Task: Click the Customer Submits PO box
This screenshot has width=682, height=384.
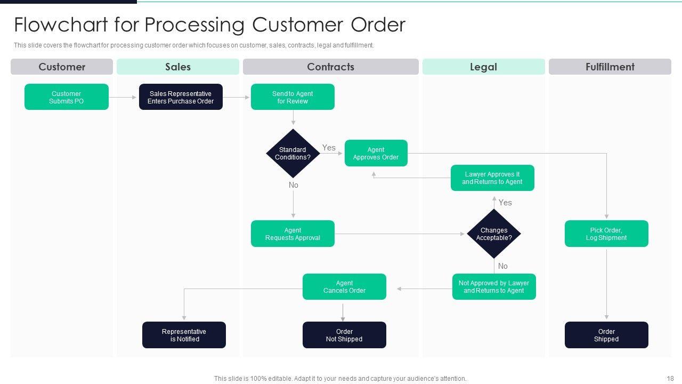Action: [67, 97]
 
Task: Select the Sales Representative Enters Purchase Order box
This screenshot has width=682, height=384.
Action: [181, 97]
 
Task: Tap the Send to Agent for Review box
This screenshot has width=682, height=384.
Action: [293, 97]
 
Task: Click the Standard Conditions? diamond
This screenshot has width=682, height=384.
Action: [293, 154]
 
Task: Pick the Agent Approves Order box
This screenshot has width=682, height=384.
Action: [376, 154]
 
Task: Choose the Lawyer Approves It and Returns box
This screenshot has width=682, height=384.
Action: [492, 178]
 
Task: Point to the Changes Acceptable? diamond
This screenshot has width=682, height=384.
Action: [493, 234]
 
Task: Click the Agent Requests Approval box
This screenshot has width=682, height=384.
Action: [293, 234]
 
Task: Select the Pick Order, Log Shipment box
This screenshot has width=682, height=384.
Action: [606, 234]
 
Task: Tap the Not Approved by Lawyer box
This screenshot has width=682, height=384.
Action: [493, 287]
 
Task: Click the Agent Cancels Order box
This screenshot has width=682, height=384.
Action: [344, 287]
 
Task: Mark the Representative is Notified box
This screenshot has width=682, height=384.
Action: [184, 335]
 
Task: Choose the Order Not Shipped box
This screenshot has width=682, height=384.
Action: [344, 335]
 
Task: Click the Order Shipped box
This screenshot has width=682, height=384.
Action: [606, 335]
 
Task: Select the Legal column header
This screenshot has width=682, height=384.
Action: [483, 67]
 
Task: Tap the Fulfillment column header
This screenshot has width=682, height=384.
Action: [610, 67]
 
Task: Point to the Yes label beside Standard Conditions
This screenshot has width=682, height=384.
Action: [329, 148]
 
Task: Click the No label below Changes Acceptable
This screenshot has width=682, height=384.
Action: [502, 266]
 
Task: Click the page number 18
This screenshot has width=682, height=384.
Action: [670, 378]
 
